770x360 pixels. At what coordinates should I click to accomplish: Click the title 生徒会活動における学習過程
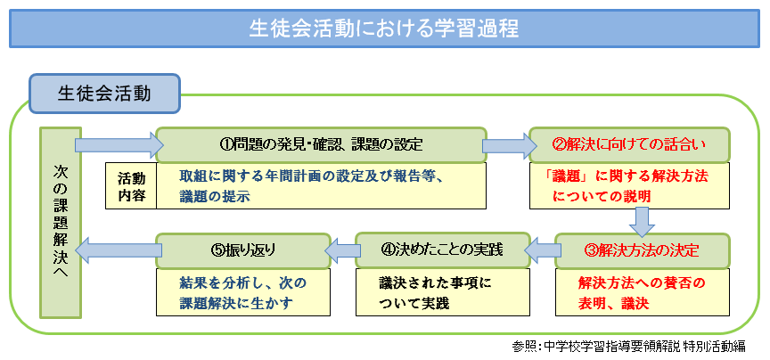click(384, 29)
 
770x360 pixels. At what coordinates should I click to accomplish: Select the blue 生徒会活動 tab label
click(104, 93)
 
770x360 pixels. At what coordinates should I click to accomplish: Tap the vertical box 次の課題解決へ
click(61, 222)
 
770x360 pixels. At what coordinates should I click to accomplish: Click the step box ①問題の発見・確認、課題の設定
click(321, 143)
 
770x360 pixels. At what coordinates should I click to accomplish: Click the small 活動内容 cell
click(131, 185)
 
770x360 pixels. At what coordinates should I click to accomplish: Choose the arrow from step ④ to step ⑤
click(339, 250)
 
